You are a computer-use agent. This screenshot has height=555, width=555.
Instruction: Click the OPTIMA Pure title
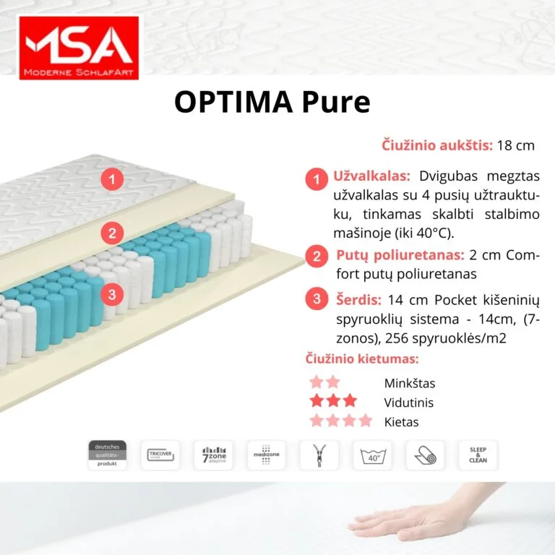click(272, 102)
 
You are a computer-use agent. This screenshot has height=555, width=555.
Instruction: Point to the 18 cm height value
click(516, 145)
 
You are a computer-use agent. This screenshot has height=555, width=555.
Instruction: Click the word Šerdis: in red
click(359, 299)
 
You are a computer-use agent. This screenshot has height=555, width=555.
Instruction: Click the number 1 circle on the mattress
click(112, 178)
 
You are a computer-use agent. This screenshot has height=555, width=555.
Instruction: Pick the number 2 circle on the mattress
click(112, 233)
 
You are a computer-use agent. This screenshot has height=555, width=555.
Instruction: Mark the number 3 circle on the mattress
click(112, 293)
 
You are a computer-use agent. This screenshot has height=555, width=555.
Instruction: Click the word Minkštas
click(410, 384)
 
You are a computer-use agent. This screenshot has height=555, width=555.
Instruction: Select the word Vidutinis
click(409, 403)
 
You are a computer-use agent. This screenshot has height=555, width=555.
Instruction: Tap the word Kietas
click(401, 421)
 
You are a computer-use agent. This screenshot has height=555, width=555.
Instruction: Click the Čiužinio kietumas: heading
click(360, 359)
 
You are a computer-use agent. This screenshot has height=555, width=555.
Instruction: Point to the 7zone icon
click(213, 455)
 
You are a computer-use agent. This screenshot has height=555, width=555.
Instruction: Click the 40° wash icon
click(373, 455)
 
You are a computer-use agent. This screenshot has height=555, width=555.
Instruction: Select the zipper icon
click(319, 455)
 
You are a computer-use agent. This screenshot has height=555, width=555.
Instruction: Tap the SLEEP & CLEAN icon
click(478, 455)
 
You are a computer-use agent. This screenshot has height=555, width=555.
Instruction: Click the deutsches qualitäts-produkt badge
click(107, 455)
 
